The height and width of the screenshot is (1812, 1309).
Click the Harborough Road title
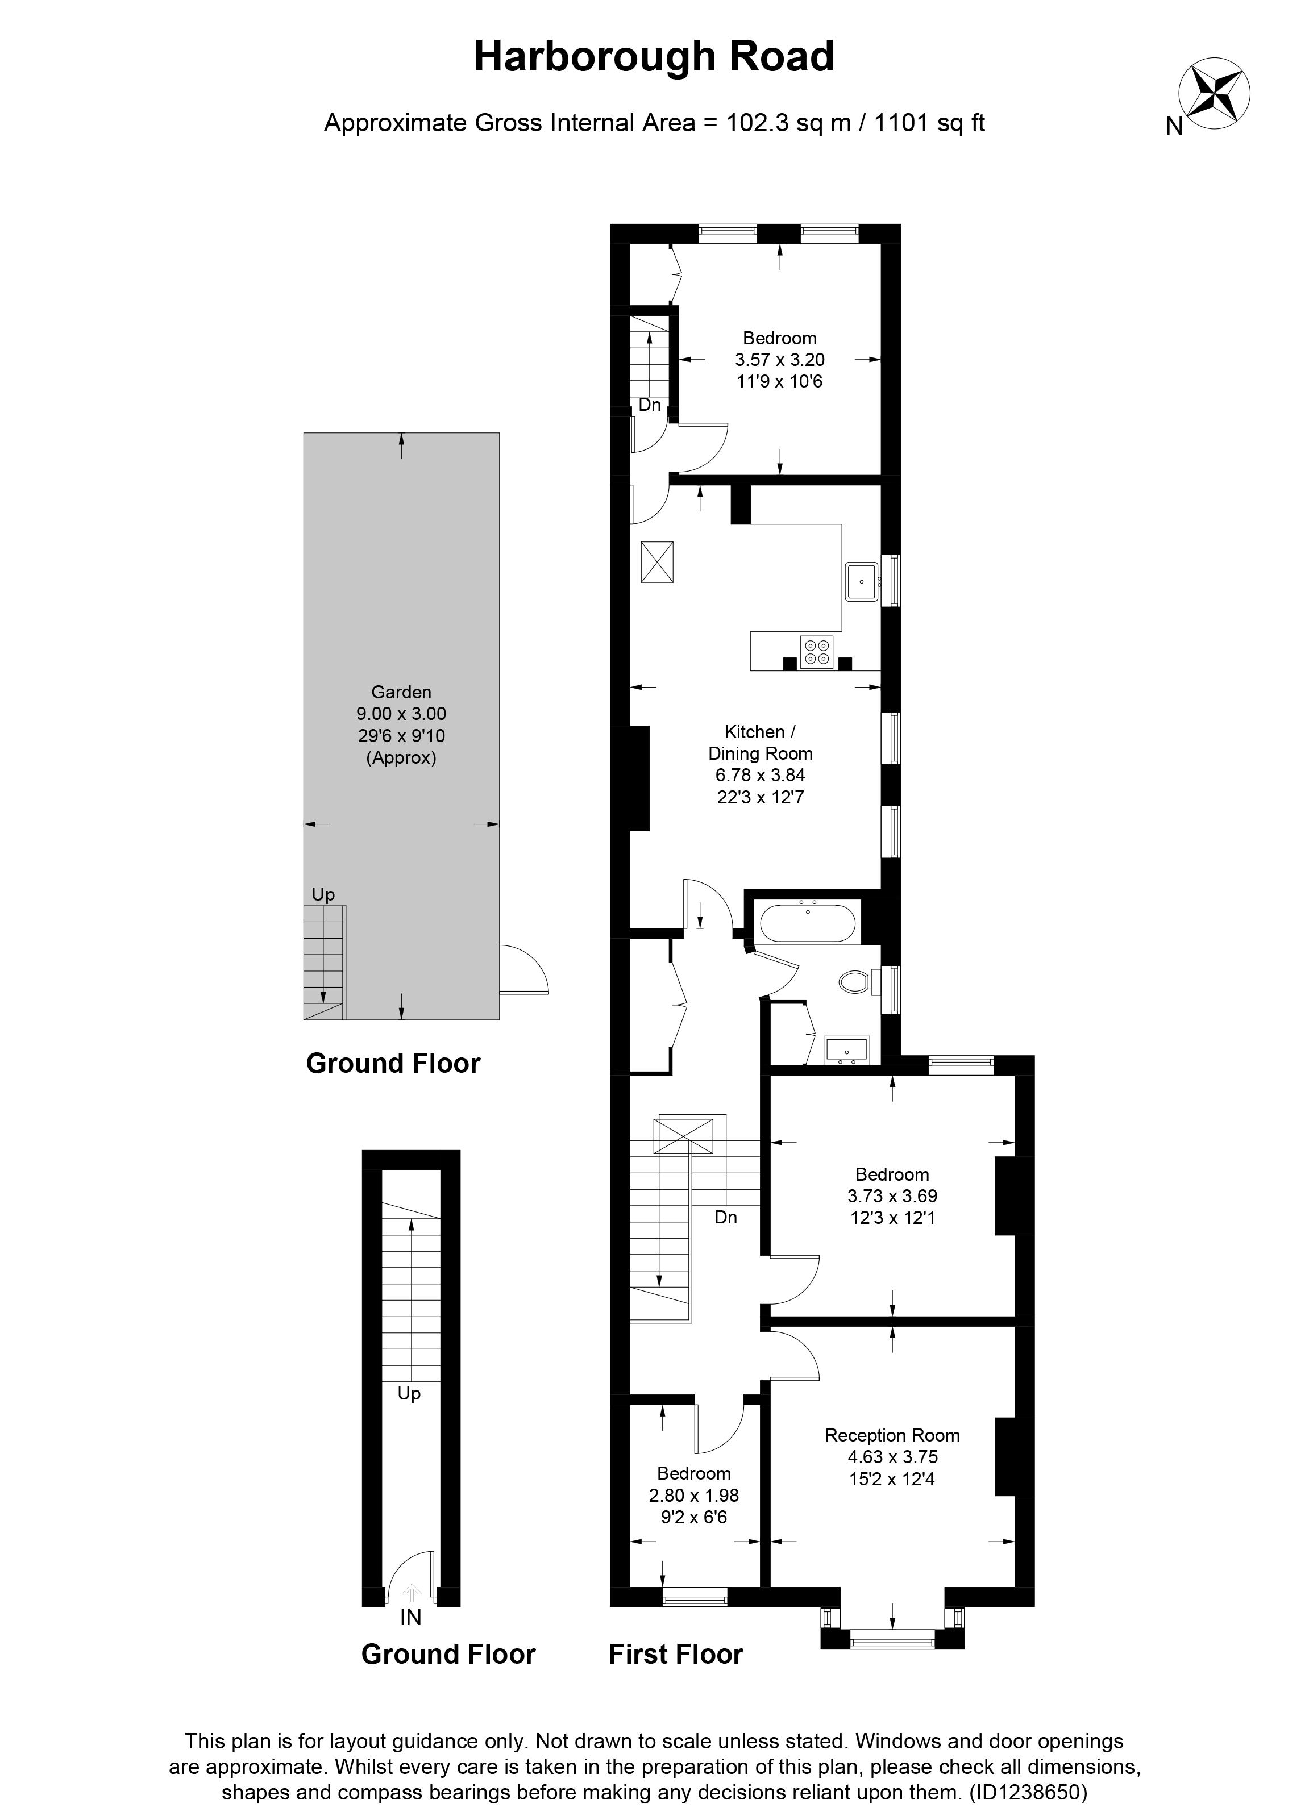click(654, 57)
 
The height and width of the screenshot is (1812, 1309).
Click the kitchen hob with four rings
click(817, 651)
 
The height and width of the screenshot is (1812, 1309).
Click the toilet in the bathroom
click(856, 982)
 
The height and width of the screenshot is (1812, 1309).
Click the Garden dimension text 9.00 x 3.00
click(401, 714)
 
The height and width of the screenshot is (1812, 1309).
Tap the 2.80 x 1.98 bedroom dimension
click(693, 1496)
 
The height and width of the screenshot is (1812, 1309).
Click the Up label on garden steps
click(323, 895)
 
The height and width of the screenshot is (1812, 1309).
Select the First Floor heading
click(675, 1654)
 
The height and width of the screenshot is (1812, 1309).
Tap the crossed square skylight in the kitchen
click(657, 563)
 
